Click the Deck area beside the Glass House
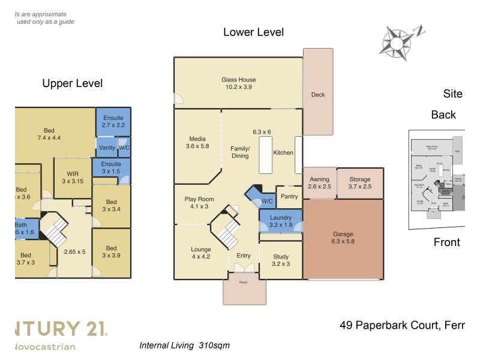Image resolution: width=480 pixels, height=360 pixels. [318, 94]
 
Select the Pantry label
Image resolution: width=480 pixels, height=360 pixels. [289, 196]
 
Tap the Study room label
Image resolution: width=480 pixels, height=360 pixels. [280, 260]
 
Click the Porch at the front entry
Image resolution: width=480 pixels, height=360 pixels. [244, 291]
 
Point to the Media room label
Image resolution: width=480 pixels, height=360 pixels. [197, 142]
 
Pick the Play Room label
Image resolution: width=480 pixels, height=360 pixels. [199, 203]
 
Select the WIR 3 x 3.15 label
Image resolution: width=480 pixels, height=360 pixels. [73, 178]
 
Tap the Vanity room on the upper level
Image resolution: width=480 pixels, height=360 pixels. [107, 148]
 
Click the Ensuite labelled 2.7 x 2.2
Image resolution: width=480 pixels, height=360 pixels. [113, 122]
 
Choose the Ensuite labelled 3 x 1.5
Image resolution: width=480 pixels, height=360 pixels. [111, 167]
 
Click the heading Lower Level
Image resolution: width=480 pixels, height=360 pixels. [253, 32]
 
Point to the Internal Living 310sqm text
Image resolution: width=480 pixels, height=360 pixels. [184, 346]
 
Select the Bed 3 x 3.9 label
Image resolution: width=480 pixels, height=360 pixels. [111, 252]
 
